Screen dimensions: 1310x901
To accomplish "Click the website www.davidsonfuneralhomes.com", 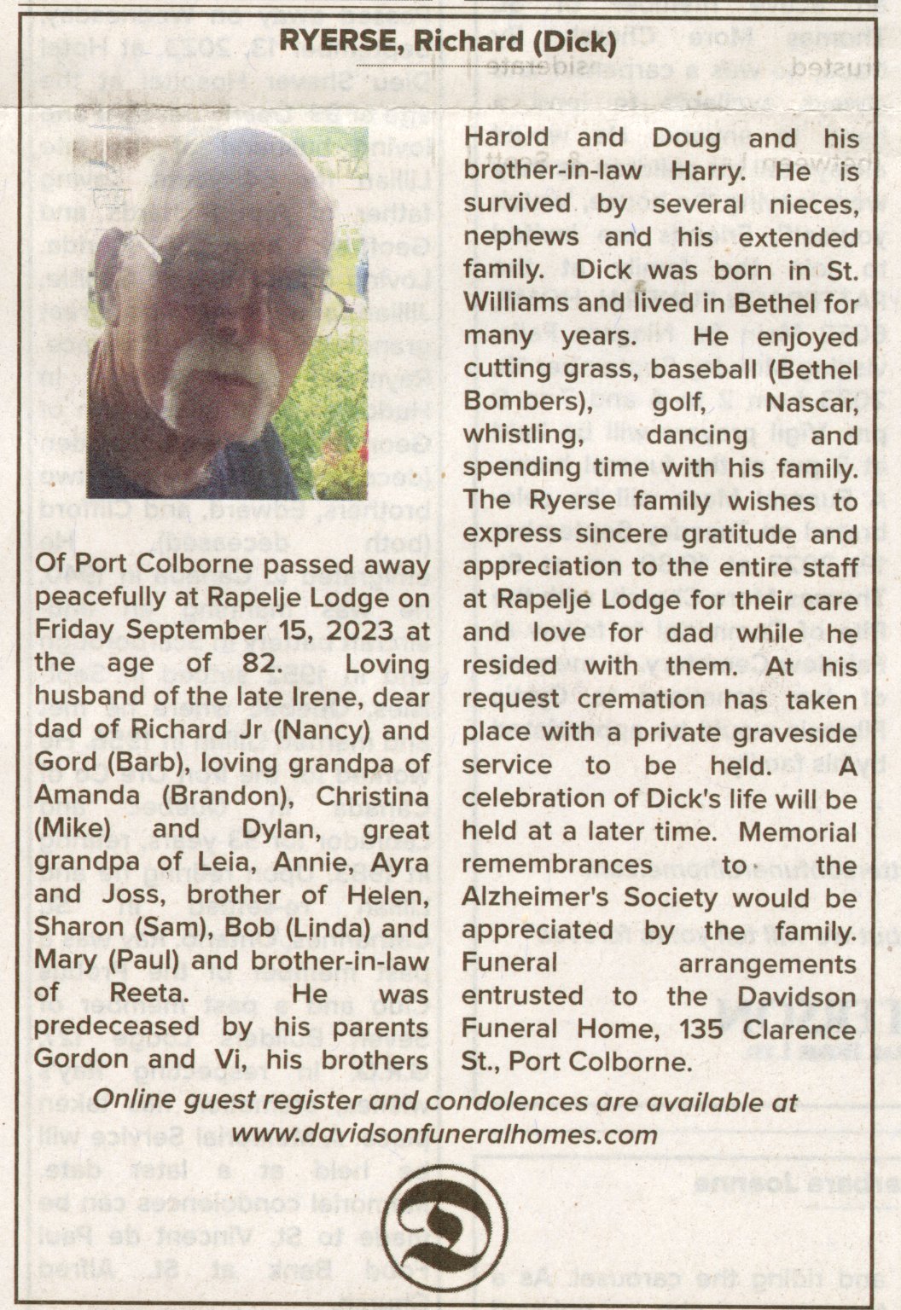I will tap(445, 1135).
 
